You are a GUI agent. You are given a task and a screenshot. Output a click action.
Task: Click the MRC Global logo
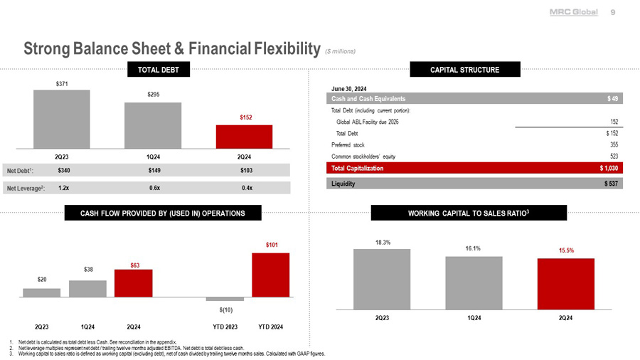pos(574,12)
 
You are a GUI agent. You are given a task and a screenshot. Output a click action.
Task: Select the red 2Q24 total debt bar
pos(244,136)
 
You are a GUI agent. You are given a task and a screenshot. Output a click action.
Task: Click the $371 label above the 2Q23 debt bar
pos(62,84)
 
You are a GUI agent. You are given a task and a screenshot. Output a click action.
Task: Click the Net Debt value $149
pos(154,171)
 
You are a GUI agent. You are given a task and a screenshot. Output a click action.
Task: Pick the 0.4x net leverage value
pos(246,188)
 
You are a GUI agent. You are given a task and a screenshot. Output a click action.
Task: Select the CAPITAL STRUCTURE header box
pos(465,69)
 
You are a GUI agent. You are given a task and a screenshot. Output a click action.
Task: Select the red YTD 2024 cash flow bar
pos(270,275)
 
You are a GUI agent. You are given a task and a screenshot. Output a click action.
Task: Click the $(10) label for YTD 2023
pos(225,310)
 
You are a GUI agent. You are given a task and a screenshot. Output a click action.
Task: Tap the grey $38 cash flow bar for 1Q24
pos(87,288)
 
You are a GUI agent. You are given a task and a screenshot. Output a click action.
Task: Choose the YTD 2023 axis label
pos(225,327)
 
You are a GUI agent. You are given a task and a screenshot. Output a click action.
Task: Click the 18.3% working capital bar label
pos(382,243)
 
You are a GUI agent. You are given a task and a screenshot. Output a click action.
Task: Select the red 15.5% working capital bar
pos(565,284)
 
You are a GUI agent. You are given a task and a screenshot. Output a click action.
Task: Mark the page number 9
pos(613,12)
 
